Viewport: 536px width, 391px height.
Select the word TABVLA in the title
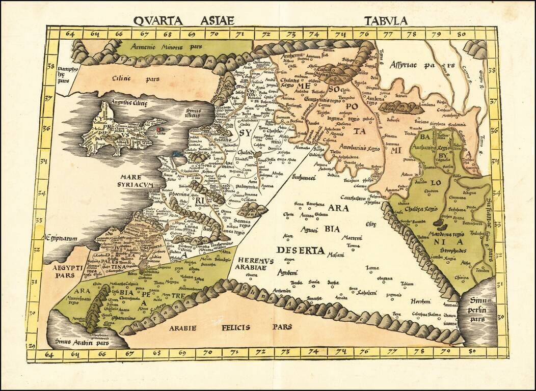(386, 20)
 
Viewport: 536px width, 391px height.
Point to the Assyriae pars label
(415, 65)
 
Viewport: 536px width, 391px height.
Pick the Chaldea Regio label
(424, 209)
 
